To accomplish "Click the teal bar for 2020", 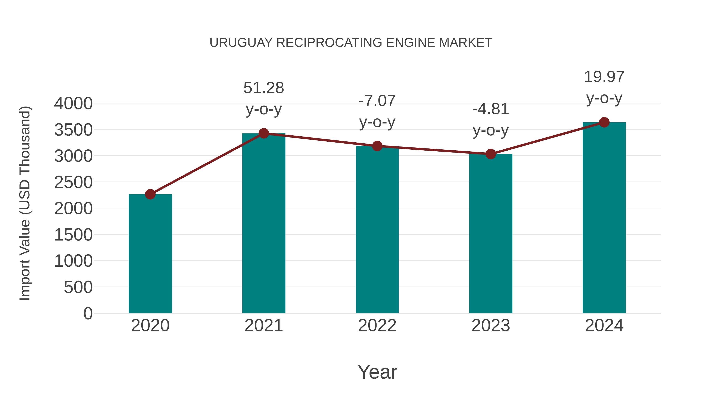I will (x=150, y=254).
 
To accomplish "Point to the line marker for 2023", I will (x=491, y=154).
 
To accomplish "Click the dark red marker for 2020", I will (x=150, y=194).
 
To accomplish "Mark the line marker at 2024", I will (x=604, y=122).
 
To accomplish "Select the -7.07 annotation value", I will (x=377, y=101).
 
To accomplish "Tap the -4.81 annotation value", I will (x=491, y=109).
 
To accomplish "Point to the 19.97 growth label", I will (x=604, y=77).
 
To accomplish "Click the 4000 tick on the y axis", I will (x=73, y=104).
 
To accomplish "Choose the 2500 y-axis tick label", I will (x=73, y=182).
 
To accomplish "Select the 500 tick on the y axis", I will (x=78, y=287).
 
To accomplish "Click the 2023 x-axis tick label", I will (x=491, y=326).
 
